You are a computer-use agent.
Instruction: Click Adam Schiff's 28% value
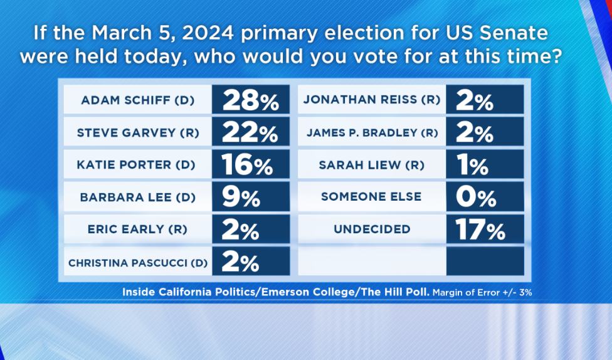(x=251, y=101)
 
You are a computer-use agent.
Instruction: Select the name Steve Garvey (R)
(x=138, y=133)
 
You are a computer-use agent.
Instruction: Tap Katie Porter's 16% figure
(x=247, y=165)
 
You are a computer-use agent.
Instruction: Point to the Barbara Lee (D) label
(x=138, y=197)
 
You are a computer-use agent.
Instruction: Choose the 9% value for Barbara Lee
(x=241, y=197)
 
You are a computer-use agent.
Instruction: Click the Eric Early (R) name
(x=137, y=229)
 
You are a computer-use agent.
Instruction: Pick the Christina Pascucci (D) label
(x=138, y=263)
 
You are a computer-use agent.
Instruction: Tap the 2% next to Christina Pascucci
(x=240, y=262)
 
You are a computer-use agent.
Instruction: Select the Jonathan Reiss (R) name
(x=372, y=100)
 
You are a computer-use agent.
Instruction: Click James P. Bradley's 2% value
(x=474, y=133)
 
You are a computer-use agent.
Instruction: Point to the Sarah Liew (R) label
(x=372, y=165)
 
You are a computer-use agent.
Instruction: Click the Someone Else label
(x=371, y=196)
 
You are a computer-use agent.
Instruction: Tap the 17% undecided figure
(x=480, y=229)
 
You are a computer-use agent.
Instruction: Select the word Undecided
(x=372, y=229)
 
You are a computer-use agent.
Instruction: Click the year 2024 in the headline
(x=208, y=33)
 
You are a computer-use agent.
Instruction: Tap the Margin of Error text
(x=482, y=292)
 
